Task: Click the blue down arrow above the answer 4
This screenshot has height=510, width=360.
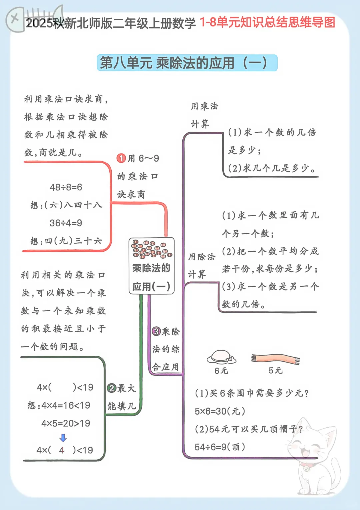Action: [63, 438]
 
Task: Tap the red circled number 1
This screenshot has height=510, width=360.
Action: [121, 158]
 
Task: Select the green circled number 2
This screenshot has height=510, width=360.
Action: [112, 388]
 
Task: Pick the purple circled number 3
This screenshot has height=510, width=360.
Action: [157, 331]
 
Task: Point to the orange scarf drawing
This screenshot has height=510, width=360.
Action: [275, 359]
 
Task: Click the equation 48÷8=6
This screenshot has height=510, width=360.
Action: [66, 187]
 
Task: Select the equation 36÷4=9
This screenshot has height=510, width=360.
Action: [66, 223]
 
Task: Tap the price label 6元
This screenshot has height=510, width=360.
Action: [221, 371]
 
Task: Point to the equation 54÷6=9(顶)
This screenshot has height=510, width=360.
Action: [220, 447]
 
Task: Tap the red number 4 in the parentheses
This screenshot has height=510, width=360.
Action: [62, 450]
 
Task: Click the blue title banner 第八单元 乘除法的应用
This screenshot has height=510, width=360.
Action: [187, 63]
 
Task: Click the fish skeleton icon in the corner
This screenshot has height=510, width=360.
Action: [34, 19]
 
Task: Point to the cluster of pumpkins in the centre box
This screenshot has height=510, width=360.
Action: [152, 249]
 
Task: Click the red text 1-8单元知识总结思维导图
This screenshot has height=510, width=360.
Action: [267, 22]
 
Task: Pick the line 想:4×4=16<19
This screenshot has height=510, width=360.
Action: [59, 405]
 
